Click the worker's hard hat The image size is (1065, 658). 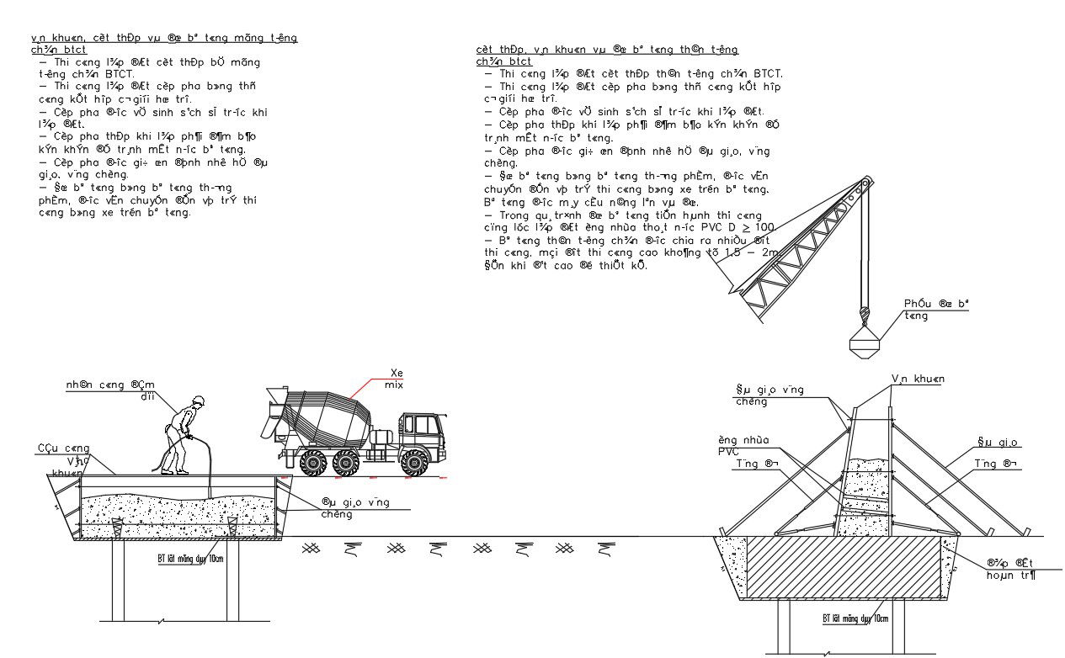pos(199,401)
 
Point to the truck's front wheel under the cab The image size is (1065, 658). pos(413,462)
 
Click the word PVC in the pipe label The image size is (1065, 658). pos(729,451)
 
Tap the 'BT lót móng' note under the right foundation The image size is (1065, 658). pos(855,618)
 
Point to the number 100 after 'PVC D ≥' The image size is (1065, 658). pos(764,228)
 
